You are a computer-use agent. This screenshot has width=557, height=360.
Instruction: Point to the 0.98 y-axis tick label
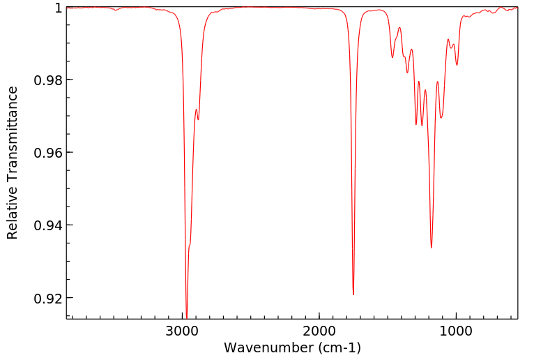[x=48, y=80]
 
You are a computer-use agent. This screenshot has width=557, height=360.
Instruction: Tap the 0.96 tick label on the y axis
[x=48, y=152]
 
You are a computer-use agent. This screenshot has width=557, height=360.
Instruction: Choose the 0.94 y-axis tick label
[x=48, y=225]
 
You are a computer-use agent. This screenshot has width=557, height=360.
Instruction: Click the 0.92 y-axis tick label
[x=48, y=298]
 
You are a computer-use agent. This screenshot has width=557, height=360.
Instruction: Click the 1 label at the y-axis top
[x=59, y=7]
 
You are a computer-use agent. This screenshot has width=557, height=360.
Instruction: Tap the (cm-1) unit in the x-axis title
[x=338, y=347]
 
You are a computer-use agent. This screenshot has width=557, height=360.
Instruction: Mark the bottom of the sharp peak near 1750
[x=353, y=294]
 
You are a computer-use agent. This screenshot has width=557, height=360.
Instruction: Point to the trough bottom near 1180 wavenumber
[x=432, y=248]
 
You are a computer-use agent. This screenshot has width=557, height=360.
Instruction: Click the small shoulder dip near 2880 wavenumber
[x=199, y=119]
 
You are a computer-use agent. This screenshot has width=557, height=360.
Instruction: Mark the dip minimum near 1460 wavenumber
[x=392, y=57]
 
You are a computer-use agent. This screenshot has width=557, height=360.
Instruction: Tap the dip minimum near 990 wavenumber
[x=457, y=65]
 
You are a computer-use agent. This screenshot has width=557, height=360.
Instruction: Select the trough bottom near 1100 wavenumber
[x=441, y=118]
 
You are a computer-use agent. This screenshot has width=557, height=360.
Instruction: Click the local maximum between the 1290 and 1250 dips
[x=419, y=82]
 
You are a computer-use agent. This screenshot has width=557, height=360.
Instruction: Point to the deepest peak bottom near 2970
[x=187, y=316]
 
